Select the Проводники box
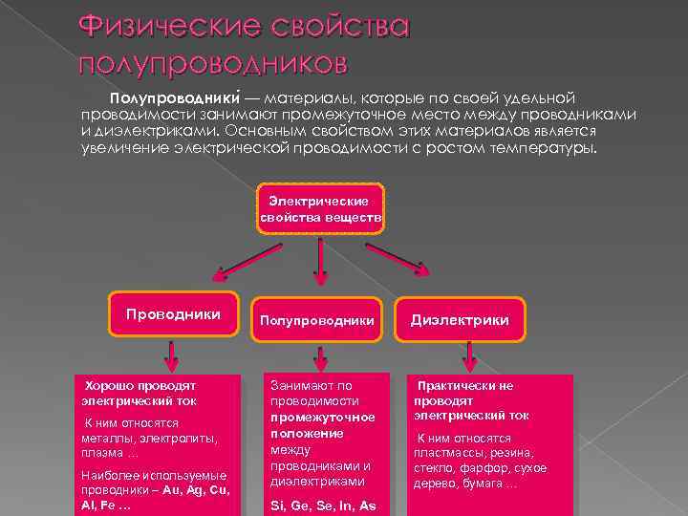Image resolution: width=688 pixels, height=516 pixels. [x=174, y=314]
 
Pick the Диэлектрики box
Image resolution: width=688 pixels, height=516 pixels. [x=460, y=320]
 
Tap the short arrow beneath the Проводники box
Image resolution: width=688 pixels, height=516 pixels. [x=171, y=355]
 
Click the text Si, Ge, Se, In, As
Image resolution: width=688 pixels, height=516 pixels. [x=323, y=505]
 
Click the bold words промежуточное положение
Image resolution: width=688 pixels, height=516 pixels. [x=321, y=425]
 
